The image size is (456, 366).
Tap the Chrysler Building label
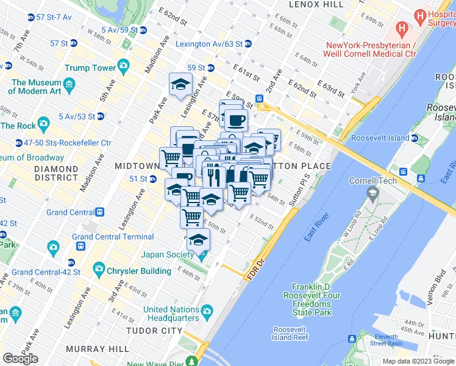point(139,271)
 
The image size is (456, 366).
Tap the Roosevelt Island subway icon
point(415,138)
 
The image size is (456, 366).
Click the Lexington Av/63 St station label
point(208,45)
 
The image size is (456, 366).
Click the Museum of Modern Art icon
point(69,84)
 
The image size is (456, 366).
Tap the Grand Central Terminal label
point(113,237)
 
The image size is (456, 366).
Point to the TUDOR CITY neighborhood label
point(154,331)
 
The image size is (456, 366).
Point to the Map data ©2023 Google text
point(418,361)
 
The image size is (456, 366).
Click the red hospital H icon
point(402,27)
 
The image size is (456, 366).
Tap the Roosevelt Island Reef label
point(290,333)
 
